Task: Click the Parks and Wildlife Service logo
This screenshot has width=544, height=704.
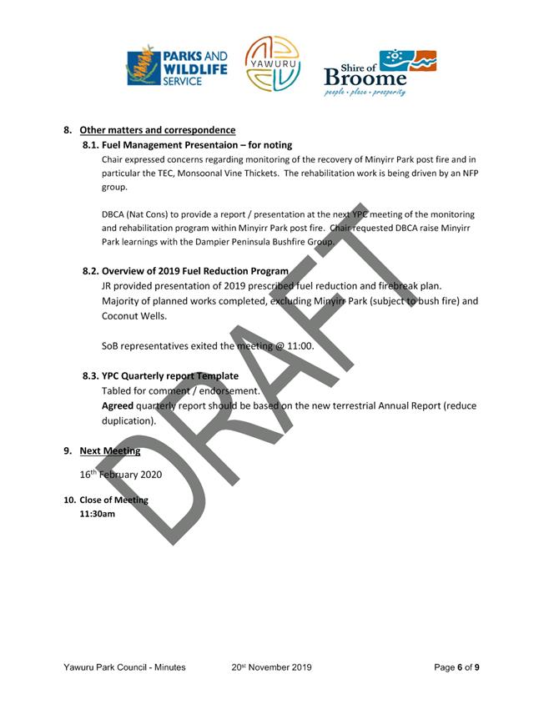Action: tap(176, 68)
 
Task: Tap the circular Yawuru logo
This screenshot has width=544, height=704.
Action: tap(272, 64)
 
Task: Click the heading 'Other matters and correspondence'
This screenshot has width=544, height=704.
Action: tap(158, 130)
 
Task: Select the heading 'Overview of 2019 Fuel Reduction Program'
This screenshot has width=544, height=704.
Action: tap(195, 271)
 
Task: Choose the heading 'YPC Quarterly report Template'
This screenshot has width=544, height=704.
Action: tap(170, 376)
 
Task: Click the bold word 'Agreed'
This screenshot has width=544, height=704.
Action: tap(117, 406)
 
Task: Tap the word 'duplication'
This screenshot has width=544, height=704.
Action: tap(128, 421)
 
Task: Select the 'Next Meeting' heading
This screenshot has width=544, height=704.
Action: tap(110, 451)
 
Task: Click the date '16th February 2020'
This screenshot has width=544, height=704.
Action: tap(121, 475)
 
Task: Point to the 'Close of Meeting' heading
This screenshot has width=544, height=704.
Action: tap(113, 500)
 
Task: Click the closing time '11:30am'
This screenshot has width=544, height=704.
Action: tap(97, 514)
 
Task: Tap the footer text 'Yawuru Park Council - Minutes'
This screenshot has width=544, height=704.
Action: tap(124, 667)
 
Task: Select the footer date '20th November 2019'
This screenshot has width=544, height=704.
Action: tap(272, 667)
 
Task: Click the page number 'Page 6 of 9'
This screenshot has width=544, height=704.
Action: tap(456, 667)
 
